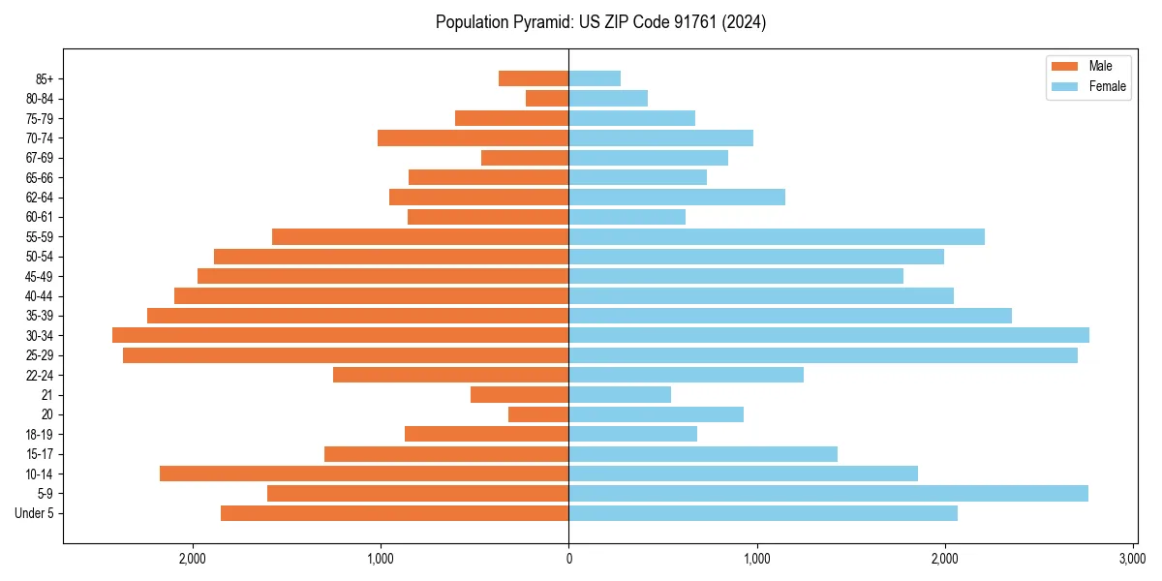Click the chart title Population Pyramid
pos(600,22)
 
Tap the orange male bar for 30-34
pos(340,335)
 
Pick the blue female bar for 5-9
pos(828,493)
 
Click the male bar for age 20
pos(538,414)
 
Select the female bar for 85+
pos(595,78)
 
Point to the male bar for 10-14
pos(364,474)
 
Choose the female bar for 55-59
pos(777,236)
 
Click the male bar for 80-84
pos(547,98)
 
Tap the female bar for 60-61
pos(627,217)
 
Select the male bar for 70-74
pos(473,138)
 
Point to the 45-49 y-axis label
pos(40,276)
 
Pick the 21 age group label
pos(47,395)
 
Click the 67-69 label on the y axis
pos(40,158)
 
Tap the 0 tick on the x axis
pos(568,559)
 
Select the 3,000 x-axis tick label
pos(1132,559)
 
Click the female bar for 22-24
pos(686,375)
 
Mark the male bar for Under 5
pos(394,513)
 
